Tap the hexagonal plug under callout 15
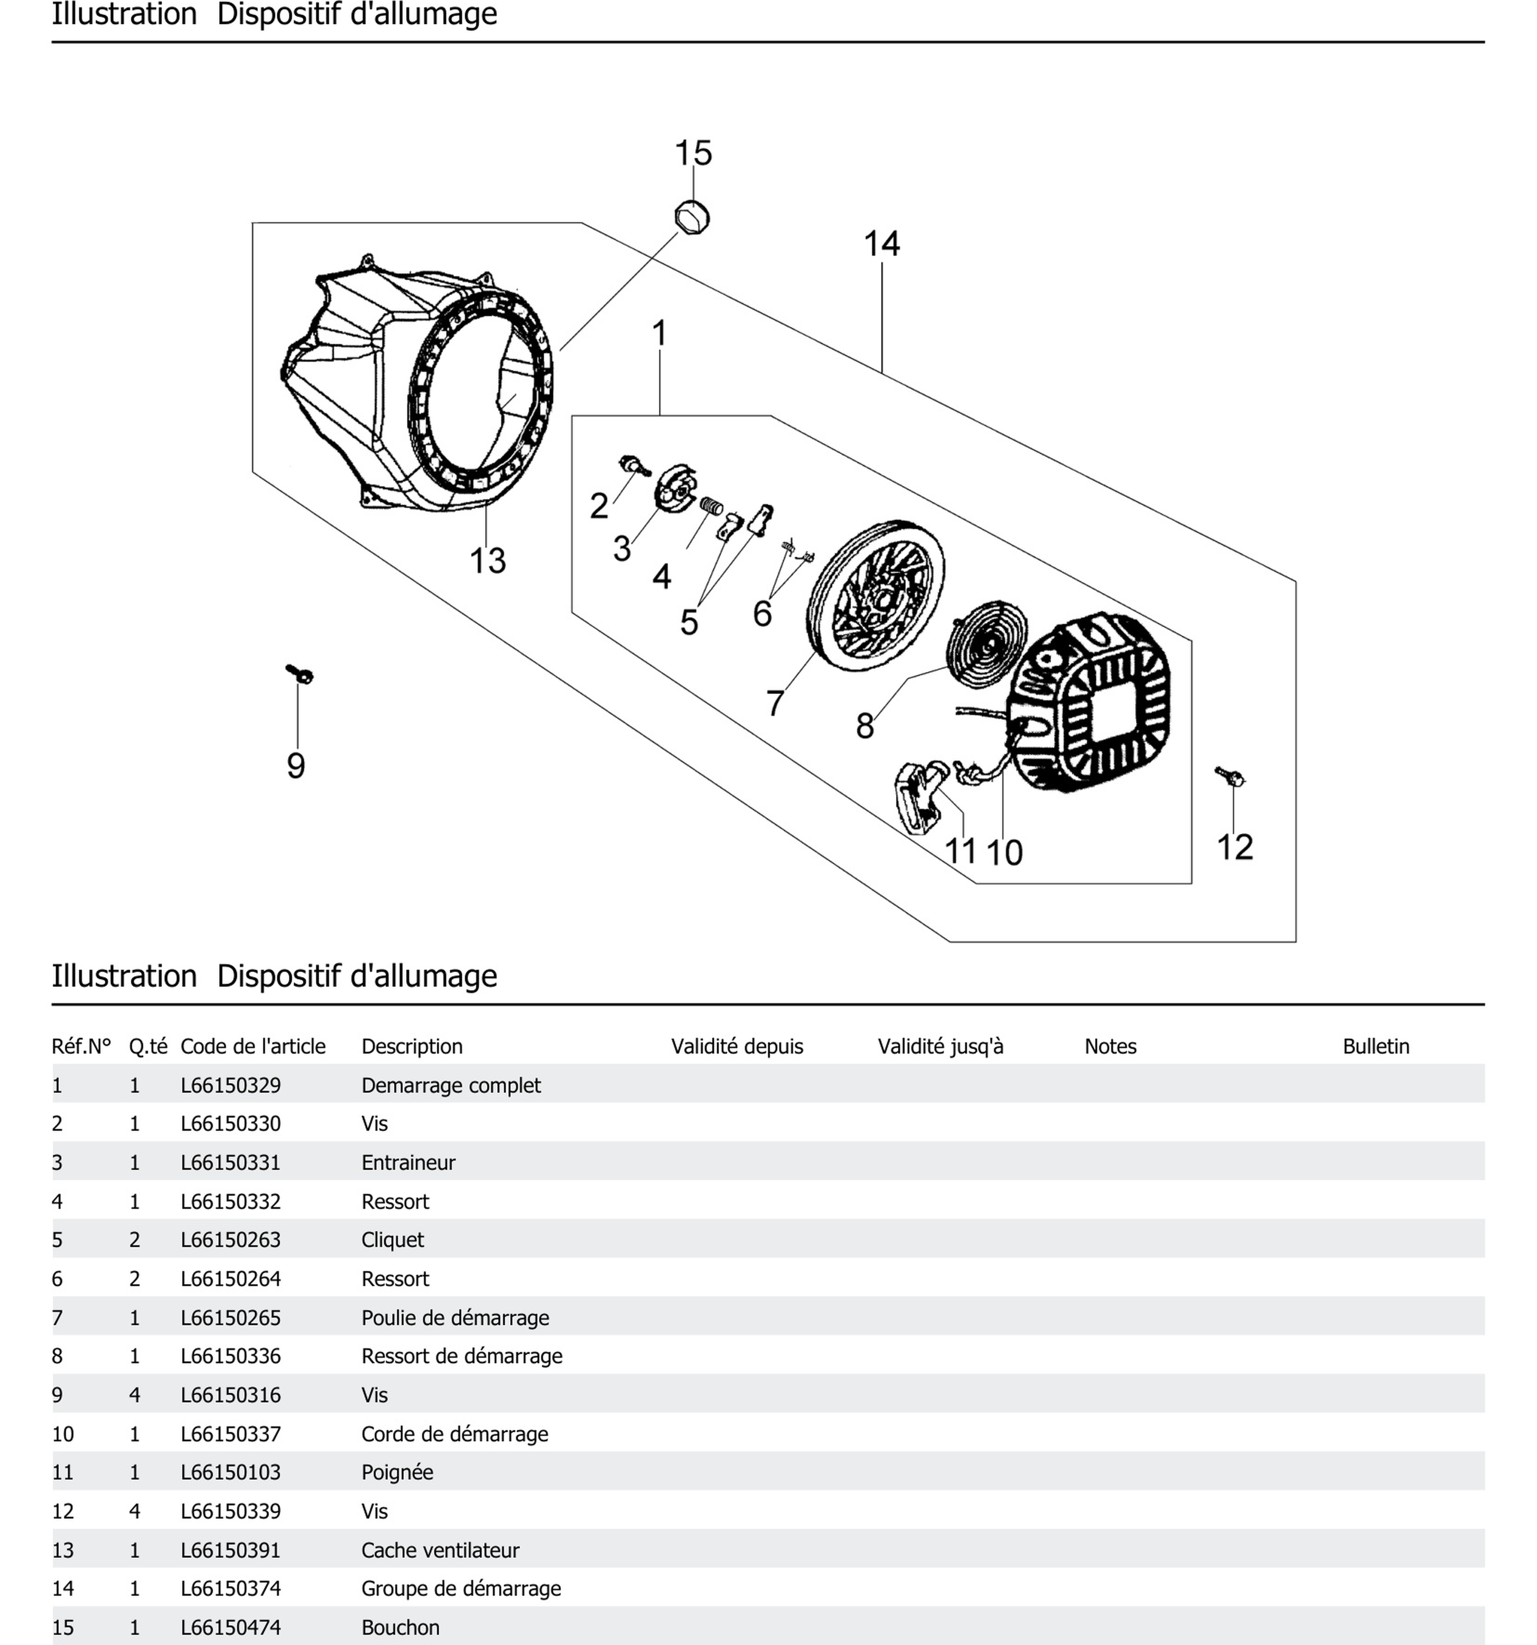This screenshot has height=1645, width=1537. (x=692, y=218)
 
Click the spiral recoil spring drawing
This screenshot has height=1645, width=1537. (x=986, y=641)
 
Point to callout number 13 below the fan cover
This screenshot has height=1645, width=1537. (x=487, y=561)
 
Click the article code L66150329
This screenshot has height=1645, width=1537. (x=231, y=1085)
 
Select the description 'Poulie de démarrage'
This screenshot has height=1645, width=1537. (x=455, y=1317)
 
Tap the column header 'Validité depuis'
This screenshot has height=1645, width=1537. (x=737, y=1047)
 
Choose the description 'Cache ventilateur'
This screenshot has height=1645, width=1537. (x=440, y=1550)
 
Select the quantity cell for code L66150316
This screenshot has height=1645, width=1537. (x=135, y=1395)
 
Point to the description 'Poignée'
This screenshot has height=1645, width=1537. (x=397, y=1472)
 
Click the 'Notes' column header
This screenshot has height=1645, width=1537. (x=1110, y=1047)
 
